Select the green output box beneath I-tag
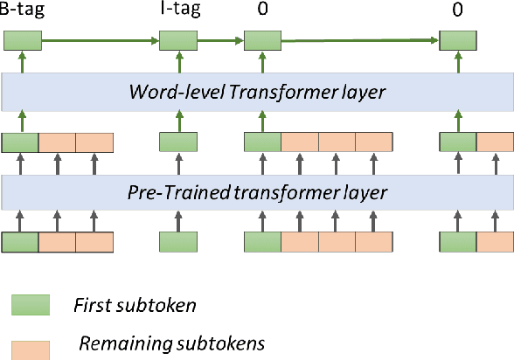177,40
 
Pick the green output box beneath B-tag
22,40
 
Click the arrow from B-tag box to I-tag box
100,40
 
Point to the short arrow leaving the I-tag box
219,40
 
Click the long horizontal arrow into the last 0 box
358,39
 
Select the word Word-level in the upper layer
163,90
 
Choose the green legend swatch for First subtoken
31,304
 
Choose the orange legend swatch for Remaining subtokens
31,345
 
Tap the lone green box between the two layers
177,142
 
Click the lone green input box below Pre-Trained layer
177,242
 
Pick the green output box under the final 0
457,40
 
